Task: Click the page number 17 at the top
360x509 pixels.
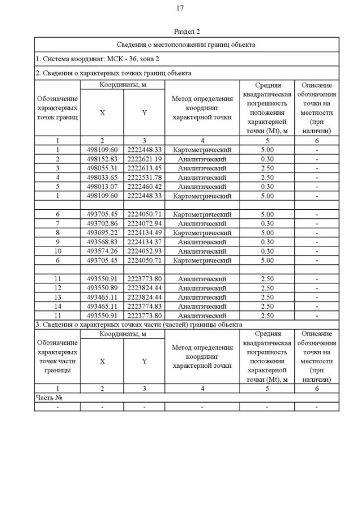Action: click(180, 8)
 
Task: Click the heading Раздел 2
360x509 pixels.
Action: click(187, 32)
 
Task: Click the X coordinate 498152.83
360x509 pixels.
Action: click(102, 159)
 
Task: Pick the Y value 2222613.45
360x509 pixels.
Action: click(144, 168)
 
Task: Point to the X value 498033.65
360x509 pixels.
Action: click(102, 177)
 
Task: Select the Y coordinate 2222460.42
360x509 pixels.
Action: click(144, 187)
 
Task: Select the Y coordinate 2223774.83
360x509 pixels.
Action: click(144, 306)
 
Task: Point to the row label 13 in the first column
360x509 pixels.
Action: click(57, 297)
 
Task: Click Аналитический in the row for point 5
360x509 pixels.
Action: click(202, 187)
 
